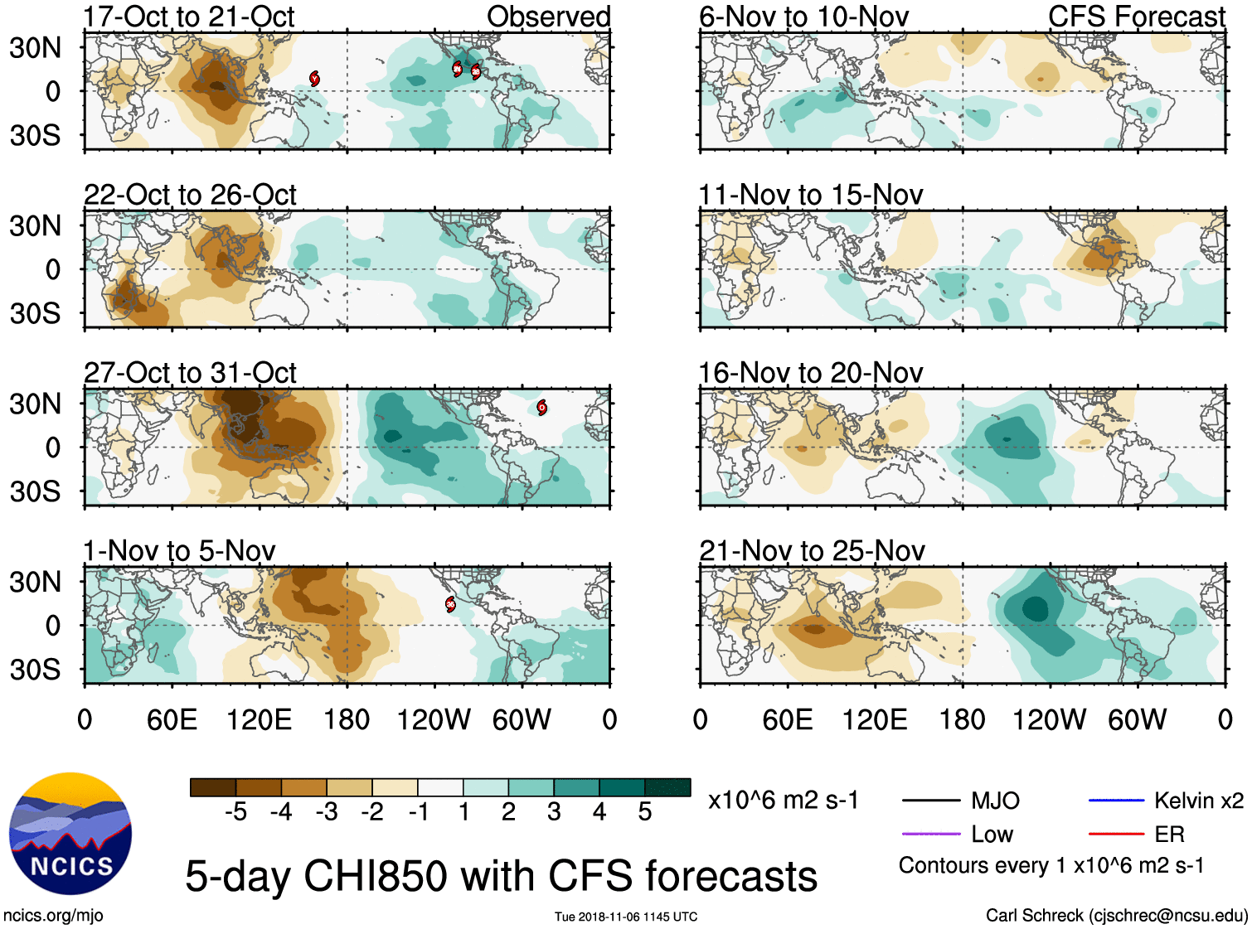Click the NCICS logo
(70, 834)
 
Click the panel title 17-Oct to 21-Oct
(189, 17)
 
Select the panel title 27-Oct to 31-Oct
(190, 373)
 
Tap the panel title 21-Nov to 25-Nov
(812, 551)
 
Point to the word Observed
(548, 17)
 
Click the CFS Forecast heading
(1136, 17)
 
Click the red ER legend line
(1116, 834)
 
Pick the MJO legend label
(995, 801)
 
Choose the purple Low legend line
(930, 834)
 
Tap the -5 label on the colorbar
(235, 812)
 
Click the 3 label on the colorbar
(554, 812)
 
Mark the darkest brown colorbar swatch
(213, 787)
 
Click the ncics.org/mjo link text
(53, 916)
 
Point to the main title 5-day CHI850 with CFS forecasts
(501, 877)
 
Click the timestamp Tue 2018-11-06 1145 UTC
(626, 917)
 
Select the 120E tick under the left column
(260, 719)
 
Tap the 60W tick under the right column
(1137, 719)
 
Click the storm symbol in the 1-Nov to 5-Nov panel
(450, 604)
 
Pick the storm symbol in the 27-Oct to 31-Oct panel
(541, 407)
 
